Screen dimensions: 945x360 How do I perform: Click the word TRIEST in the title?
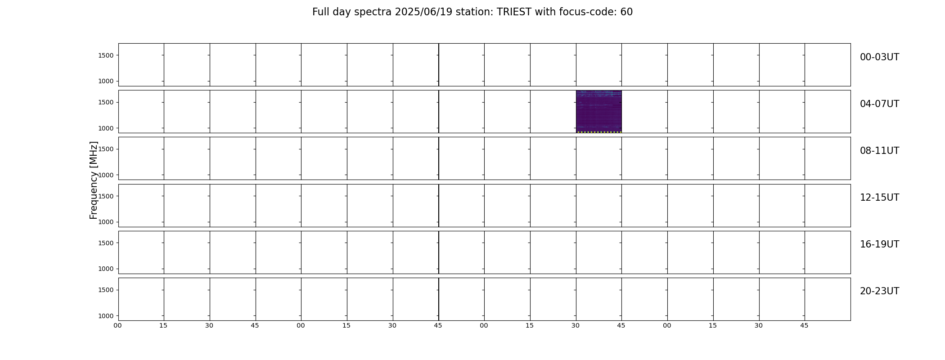(514, 12)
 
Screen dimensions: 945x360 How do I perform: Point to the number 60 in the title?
(626, 12)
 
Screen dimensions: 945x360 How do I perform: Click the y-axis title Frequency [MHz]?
(94, 180)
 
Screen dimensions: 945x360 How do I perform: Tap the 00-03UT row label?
(879, 57)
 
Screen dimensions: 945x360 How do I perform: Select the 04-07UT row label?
(879, 104)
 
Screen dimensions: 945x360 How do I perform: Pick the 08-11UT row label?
(879, 151)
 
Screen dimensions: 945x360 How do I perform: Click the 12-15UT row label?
(879, 198)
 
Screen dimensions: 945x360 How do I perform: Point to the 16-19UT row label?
(879, 244)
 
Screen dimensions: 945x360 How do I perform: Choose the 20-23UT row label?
(879, 291)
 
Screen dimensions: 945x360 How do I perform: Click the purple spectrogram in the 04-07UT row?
(598, 112)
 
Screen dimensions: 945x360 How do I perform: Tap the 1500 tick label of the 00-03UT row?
(106, 55)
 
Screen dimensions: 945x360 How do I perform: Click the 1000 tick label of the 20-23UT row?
(106, 316)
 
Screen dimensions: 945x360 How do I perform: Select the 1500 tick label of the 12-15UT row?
(106, 196)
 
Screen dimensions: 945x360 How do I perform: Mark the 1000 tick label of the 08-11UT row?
(106, 175)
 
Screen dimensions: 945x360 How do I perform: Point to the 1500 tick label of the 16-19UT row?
(106, 243)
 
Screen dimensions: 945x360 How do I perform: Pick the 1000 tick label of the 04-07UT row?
(106, 128)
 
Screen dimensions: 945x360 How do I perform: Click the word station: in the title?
(474, 12)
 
